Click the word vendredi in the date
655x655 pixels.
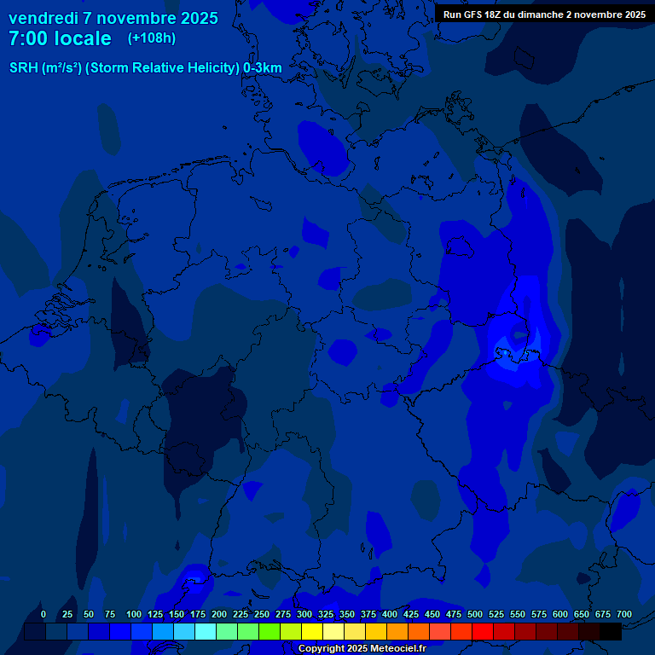(x=41, y=18)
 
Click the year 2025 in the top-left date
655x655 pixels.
(x=195, y=18)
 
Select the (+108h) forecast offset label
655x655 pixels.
(x=152, y=38)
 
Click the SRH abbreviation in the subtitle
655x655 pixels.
(x=23, y=68)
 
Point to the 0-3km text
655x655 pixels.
(x=263, y=68)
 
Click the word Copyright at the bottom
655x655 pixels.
(x=322, y=649)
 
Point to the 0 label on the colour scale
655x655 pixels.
(x=43, y=614)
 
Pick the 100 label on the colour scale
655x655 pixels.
(x=133, y=614)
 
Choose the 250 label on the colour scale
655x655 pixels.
(x=262, y=614)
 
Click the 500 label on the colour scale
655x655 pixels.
(x=475, y=614)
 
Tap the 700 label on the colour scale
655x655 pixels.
(x=624, y=614)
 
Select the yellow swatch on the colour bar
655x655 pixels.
(x=312, y=631)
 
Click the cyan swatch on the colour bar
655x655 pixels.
(x=206, y=631)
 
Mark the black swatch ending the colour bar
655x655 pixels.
(x=611, y=631)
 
